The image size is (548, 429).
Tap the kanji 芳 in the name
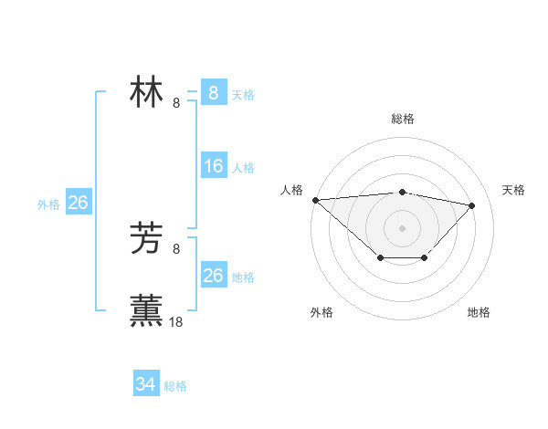click(x=147, y=239)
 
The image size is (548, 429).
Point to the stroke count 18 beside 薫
click(x=176, y=321)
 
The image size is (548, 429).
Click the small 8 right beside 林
click(x=176, y=102)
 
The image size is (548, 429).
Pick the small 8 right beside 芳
click(x=176, y=248)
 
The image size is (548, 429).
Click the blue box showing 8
click(x=213, y=93)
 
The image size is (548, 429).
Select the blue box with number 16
click(x=213, y=166)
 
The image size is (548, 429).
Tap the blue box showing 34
click(x=145, y=384)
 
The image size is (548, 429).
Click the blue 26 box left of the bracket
click(x=78, y=203)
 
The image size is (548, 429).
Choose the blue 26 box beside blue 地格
click(x=213, y=276)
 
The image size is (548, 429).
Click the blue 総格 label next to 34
click(x=175, y=386)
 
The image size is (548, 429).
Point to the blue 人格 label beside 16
click(x=243, y=168)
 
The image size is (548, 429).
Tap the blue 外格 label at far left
click(x=48, y=204)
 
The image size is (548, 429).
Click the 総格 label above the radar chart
click(x=402, y=119)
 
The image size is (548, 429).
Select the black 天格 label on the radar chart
click(x=513, y=190)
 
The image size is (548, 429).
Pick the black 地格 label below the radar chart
click(x=479, y=313)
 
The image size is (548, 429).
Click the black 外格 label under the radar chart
click(x=321, y=313)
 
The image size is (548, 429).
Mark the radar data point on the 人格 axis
click(x=315, y=200)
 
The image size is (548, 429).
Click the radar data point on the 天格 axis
click(x=472, y=205)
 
